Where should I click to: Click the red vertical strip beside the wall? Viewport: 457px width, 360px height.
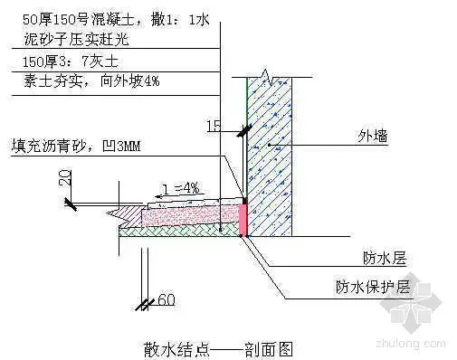[243, 218]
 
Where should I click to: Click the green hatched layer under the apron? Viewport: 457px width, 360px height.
[181, 232]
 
